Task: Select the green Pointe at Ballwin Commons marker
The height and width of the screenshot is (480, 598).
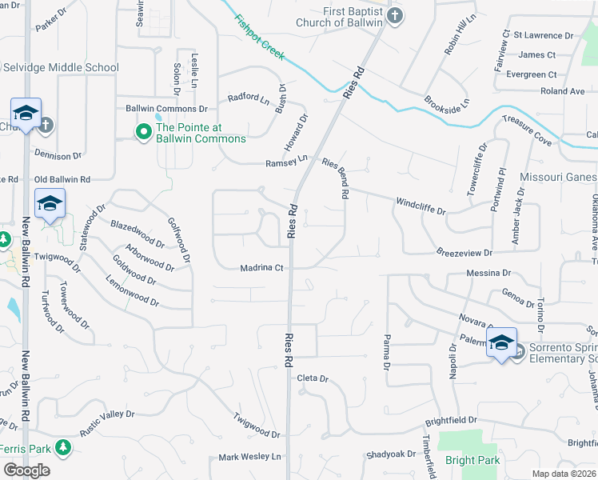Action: tap(145, 131)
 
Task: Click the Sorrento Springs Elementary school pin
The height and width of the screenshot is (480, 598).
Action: tap(501, 344)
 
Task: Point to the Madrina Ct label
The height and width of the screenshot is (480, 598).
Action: tap(262, 268)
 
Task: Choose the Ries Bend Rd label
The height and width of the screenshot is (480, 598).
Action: tap(336, 178)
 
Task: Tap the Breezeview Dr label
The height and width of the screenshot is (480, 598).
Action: tap(464, 252)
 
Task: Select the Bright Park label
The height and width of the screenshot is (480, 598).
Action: tap(472, 460)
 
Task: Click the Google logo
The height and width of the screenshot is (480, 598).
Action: tap(26, 470)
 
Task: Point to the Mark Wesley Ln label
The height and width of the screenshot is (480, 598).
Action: tap(250, 458)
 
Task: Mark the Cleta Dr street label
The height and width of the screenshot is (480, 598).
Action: tap(313, 378)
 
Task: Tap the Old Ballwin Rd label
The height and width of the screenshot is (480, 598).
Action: tap(62, 179)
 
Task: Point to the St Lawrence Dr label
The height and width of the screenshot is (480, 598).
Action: tap(544, 35)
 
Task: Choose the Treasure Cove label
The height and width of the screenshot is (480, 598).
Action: tap(526, 130)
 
